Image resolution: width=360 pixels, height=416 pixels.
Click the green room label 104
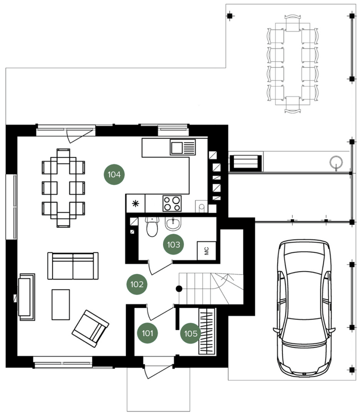114,174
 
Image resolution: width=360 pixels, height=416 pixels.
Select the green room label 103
174,244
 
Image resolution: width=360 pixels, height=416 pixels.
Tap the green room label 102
137,285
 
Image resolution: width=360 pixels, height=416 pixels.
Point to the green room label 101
147,333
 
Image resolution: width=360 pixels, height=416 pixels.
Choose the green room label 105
190,334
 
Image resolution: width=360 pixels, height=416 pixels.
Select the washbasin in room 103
173,223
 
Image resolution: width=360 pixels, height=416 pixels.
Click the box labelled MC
207,251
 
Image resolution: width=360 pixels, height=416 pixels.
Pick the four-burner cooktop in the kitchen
172,203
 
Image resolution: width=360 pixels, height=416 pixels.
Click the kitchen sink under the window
183,147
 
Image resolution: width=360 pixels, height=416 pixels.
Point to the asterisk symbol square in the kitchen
135,203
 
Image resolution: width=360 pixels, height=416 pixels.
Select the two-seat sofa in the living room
73,266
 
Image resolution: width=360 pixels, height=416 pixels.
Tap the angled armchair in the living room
90,328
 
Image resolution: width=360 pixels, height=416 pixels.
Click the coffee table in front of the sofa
61,305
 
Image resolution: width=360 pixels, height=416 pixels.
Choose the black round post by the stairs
179,288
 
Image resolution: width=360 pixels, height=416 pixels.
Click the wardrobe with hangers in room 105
207,331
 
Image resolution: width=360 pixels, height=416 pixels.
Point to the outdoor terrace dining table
293,64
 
